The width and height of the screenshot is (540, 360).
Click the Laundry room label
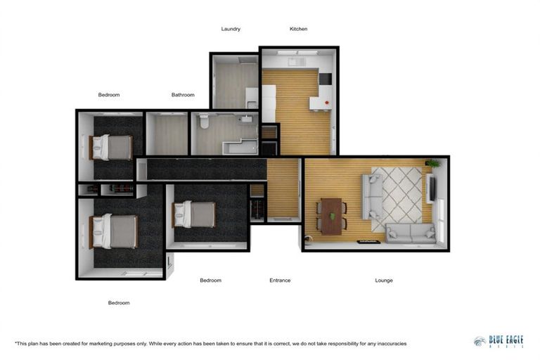(x=231, y=29)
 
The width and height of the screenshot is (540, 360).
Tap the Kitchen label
(x=298, y=29)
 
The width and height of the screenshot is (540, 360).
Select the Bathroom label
(x=183, y=95)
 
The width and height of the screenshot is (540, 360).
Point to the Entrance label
(x=280, y=281)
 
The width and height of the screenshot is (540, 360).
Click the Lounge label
(x=384, y=281)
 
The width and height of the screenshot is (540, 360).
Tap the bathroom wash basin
(x=247, y=120)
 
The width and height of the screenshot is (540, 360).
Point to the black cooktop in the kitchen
(x=325, y=79)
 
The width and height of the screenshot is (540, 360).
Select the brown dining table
(x=330, y=214)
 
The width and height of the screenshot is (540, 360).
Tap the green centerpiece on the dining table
(x=332, y=215)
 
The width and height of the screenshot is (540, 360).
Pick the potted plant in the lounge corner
(x=432, y=164)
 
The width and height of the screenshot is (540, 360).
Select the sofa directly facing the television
(x=371, y=197)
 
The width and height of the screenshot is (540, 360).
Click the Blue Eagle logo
(x=498, y=340)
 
